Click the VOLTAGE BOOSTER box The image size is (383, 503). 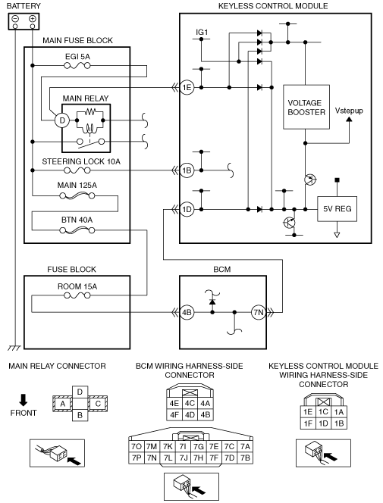coord(306,107)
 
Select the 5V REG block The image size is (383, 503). coord(337,209)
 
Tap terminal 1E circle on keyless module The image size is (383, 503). coord(187,87)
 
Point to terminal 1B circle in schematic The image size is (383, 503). coord(187,170)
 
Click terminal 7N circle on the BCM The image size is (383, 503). coord(259,312)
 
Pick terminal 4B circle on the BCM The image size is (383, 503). coord(187,312)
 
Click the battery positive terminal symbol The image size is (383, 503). coord(32,19)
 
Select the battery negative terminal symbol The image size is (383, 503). coord(15,19)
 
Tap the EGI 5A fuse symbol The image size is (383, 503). coord(77,66)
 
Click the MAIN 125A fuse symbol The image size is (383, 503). coord(77,195)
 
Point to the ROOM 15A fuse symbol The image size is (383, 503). coord(77,295)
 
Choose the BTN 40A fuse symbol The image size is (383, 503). coord(77,230)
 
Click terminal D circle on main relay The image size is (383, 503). coord(62,120)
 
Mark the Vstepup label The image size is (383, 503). coord(349,111)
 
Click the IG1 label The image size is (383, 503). coord(202,32)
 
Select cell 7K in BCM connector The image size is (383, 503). coord(168,446)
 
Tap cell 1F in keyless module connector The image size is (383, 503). coord(308,423)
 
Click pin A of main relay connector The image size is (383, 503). coord(63,404)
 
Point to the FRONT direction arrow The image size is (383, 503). coord(24,400)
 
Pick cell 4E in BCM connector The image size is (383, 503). coord(174,403)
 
